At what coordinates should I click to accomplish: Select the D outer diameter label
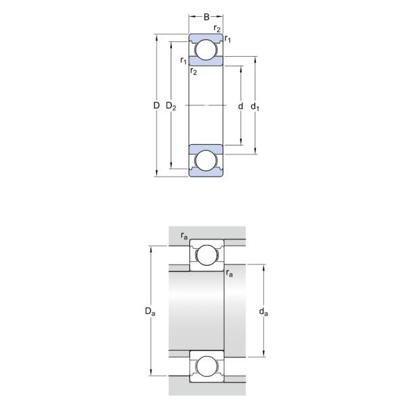pos(156,106)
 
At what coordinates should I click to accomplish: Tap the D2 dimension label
pos(171,106)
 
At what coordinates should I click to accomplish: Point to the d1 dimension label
pos(255,106)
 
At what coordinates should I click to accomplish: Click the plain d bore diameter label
pos(240,106)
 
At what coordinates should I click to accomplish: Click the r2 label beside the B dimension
pos(216,28)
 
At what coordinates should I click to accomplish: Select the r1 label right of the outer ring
pos(229,40)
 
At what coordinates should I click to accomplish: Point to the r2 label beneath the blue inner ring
pos(194,71)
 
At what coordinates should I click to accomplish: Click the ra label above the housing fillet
pos(184,235)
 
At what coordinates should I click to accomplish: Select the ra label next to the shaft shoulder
pos(230,273)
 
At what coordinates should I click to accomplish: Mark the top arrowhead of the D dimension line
pos(156,37)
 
